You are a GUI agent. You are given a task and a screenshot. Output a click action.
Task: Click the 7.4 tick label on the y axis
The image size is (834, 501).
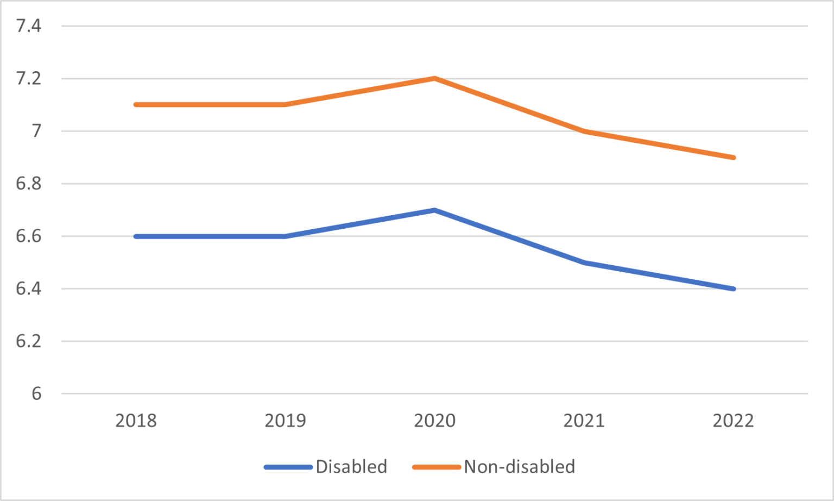coord(28,26)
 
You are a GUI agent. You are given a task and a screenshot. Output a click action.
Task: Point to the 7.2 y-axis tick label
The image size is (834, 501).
coord(28,78)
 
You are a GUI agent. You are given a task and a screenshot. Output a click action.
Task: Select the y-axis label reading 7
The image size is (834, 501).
coord(36,131)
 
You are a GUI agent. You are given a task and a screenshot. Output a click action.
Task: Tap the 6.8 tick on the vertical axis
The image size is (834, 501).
coord(28,184)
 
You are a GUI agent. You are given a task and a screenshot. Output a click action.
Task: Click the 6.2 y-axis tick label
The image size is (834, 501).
coord(28,341)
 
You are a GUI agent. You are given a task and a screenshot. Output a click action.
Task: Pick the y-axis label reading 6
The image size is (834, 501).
coord(36,394)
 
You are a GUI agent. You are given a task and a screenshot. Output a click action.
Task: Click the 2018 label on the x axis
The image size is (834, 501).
coord(136,421)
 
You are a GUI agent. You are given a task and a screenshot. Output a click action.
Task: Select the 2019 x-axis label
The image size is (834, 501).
coord(285,421)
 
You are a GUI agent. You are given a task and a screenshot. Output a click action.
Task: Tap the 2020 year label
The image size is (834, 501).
coord(434,421)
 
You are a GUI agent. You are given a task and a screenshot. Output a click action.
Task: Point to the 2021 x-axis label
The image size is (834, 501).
coord(584,421)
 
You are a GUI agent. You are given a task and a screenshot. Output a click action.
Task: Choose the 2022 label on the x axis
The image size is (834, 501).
coord(733,421)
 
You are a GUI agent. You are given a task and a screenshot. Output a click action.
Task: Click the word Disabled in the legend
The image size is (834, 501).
coord(351,467)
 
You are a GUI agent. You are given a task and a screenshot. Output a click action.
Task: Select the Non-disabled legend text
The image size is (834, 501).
coord(519,467)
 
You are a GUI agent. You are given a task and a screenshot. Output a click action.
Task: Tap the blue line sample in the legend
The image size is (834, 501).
coord(288,467)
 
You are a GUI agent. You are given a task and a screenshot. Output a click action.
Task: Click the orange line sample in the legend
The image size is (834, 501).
coord(437,467)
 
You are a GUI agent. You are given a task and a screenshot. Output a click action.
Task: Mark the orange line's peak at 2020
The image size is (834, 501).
coord(434,78)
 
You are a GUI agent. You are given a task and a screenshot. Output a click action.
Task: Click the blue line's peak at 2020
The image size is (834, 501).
coord(434,210)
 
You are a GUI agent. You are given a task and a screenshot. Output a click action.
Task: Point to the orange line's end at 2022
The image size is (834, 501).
coord(733,158)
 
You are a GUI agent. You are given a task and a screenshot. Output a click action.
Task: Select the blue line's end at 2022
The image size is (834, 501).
coord(733,289)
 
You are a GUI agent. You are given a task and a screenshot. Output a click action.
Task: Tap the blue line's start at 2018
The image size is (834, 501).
coord(136,236)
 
